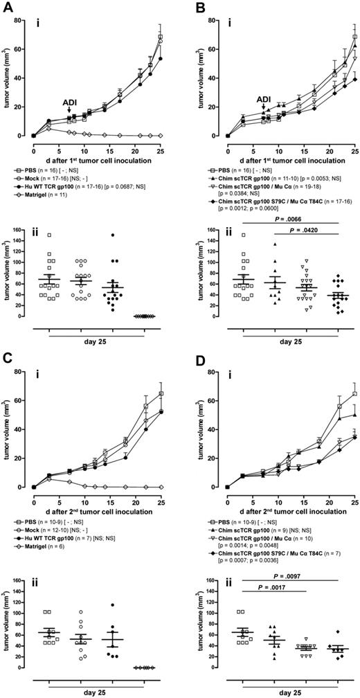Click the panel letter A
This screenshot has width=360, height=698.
(x=6, y=6)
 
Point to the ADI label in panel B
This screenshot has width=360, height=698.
(x=264, y=99)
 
